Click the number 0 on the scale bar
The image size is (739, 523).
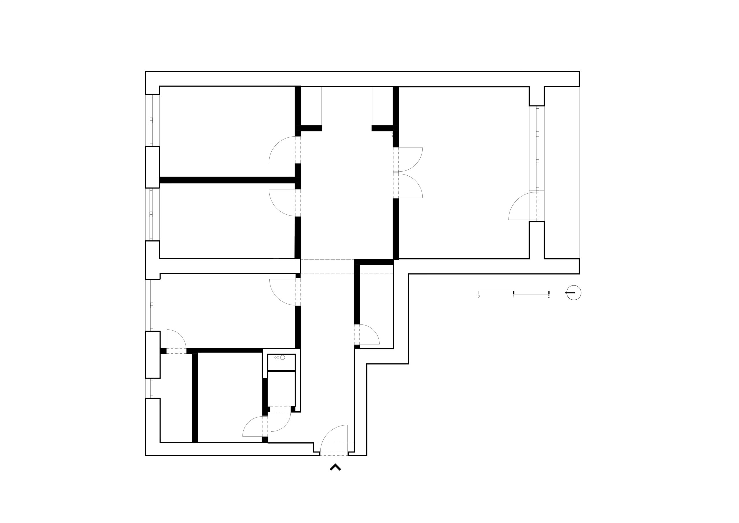479,296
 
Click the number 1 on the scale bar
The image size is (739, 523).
514,296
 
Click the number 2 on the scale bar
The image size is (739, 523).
549,296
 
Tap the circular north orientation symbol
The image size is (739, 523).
574,293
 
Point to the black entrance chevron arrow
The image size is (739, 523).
335,467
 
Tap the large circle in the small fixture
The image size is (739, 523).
283,357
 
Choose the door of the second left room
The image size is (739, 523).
282,203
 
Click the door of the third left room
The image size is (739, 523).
283,292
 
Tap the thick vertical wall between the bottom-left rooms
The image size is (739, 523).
195,398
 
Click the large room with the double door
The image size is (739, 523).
464,173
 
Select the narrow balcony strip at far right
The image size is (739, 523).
562,173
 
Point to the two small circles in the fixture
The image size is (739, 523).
277,357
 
